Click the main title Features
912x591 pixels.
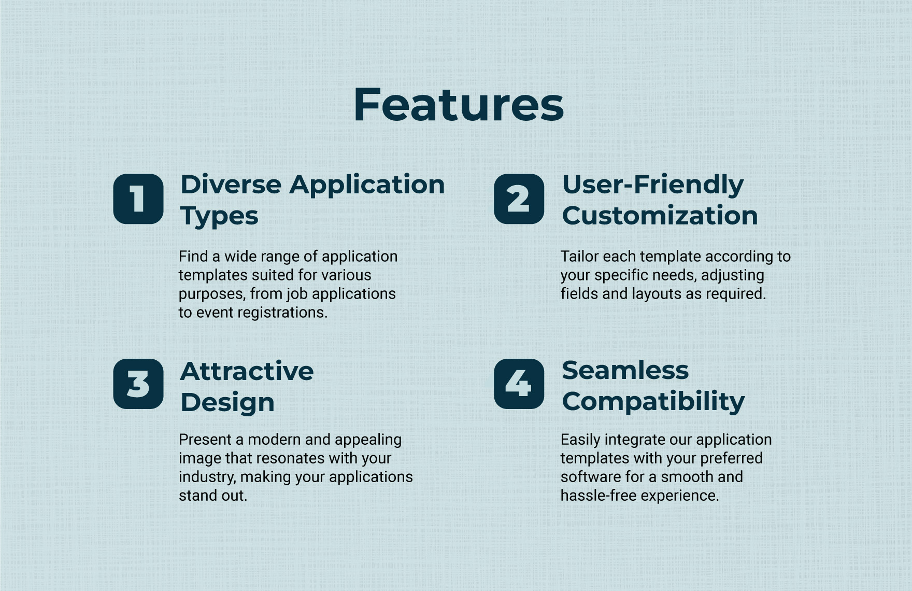459,105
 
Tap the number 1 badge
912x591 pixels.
138,199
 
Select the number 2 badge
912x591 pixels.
519,199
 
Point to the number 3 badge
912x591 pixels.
138,384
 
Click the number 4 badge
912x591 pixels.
519,384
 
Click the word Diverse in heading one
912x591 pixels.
231,185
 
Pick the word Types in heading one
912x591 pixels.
219,216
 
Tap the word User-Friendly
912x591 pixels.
653,186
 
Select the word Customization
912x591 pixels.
660,215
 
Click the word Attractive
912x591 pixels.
247,371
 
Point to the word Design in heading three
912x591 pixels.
227,403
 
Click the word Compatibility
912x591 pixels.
653,402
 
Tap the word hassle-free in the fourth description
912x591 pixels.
598,496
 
